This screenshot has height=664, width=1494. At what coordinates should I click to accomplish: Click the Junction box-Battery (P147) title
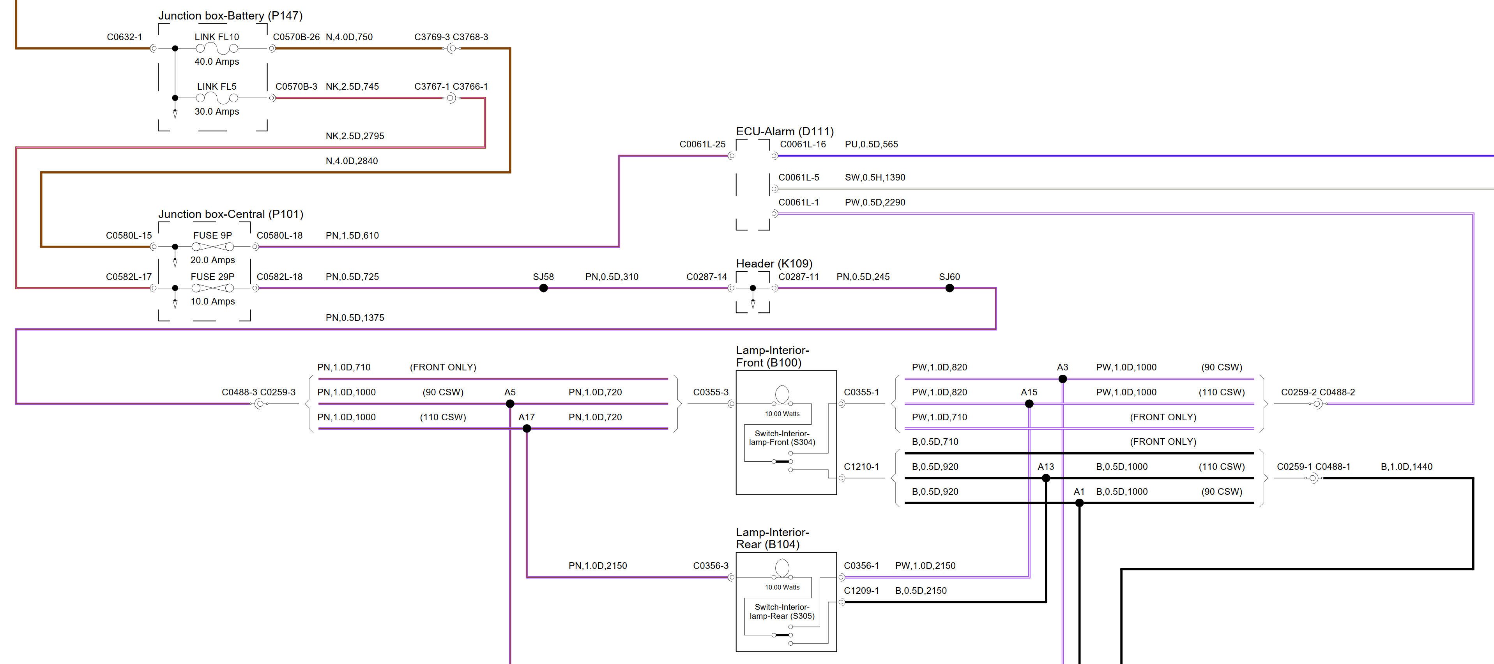click(230, 16)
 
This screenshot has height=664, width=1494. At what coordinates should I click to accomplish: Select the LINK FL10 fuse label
click(216, 37)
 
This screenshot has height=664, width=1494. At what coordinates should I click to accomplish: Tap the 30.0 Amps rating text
click(216, 112)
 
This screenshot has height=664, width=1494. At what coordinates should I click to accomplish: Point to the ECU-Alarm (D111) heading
click(785, 131)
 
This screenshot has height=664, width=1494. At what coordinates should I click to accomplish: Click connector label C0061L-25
click(702, 144)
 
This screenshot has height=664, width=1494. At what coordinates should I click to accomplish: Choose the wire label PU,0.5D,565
click(871, 144)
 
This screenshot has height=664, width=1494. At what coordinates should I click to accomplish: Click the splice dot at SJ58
click(543, 288)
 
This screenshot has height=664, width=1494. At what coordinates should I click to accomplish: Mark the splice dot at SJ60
click(949, 288)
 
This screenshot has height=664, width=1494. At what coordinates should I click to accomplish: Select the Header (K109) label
click(774, 263)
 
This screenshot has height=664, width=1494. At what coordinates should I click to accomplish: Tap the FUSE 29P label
click(212, 276)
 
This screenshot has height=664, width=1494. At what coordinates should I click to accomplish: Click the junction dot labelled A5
click(510, 404)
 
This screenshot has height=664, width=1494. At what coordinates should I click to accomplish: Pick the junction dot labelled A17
click(527, 429)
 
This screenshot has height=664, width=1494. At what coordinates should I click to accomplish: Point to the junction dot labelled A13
click(1046, 478)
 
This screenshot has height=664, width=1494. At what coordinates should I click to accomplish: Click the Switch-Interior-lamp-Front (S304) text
click(782, 438)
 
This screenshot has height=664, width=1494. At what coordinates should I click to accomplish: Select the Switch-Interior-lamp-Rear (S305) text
click(782, 611)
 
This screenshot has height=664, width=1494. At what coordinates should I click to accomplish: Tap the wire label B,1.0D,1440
click(1406, 466)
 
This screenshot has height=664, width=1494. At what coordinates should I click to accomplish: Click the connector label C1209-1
click(861, 590)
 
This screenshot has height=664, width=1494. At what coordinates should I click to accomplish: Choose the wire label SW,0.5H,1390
click(875, 177)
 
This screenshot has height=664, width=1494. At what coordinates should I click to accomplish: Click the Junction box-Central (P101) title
click(230, 214)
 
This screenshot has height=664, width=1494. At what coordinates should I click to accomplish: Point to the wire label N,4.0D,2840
click(352, 161)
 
